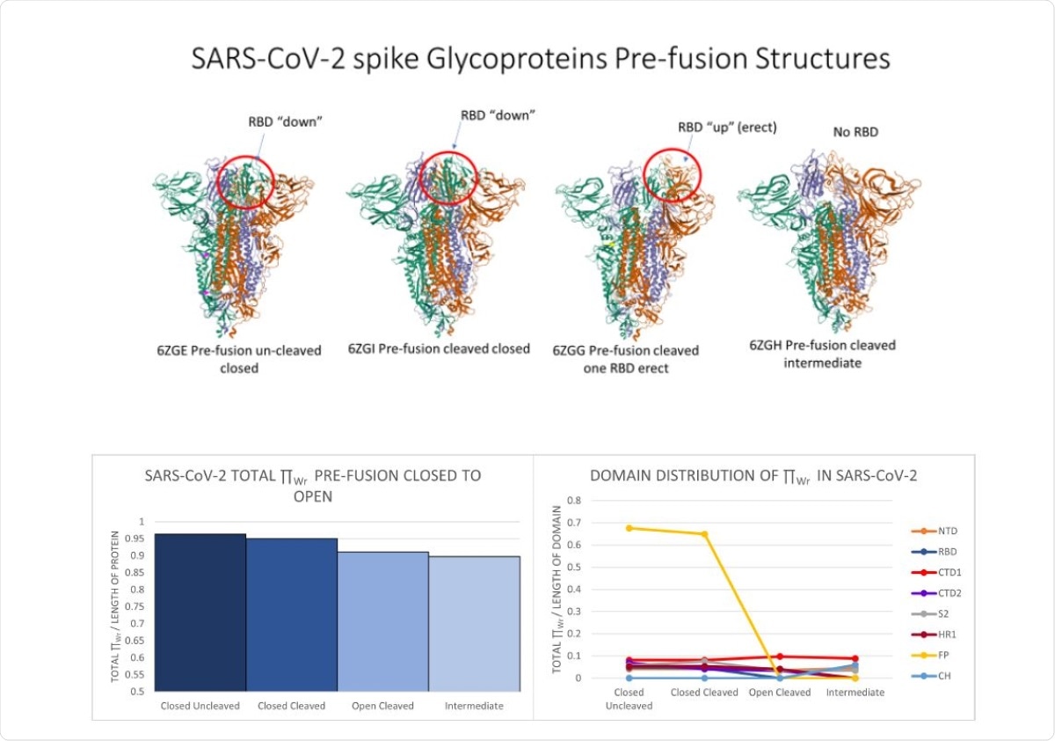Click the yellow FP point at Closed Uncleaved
tap(628, 528)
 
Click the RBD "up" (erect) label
tap(727, 128)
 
